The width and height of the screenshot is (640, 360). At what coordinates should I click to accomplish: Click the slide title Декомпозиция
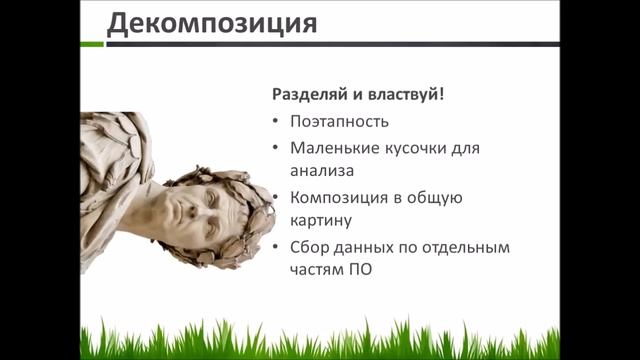(x=212, y=24)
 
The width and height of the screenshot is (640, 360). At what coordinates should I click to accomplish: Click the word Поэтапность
(x=340, y=122)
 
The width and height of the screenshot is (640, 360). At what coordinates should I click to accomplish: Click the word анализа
(x=322, y=171)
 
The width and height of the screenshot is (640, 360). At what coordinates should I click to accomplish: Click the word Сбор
(x=309, y=247)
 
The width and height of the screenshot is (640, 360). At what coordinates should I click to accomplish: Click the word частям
(x=317, y=271)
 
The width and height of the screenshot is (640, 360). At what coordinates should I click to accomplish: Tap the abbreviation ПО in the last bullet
(x=360, y=270)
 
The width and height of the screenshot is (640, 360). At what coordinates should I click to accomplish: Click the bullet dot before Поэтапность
(x=276, y=121)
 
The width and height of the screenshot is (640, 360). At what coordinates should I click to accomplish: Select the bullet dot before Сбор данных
(x=276, y=247)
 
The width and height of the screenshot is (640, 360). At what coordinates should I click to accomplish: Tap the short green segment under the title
(x=92, y=44)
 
